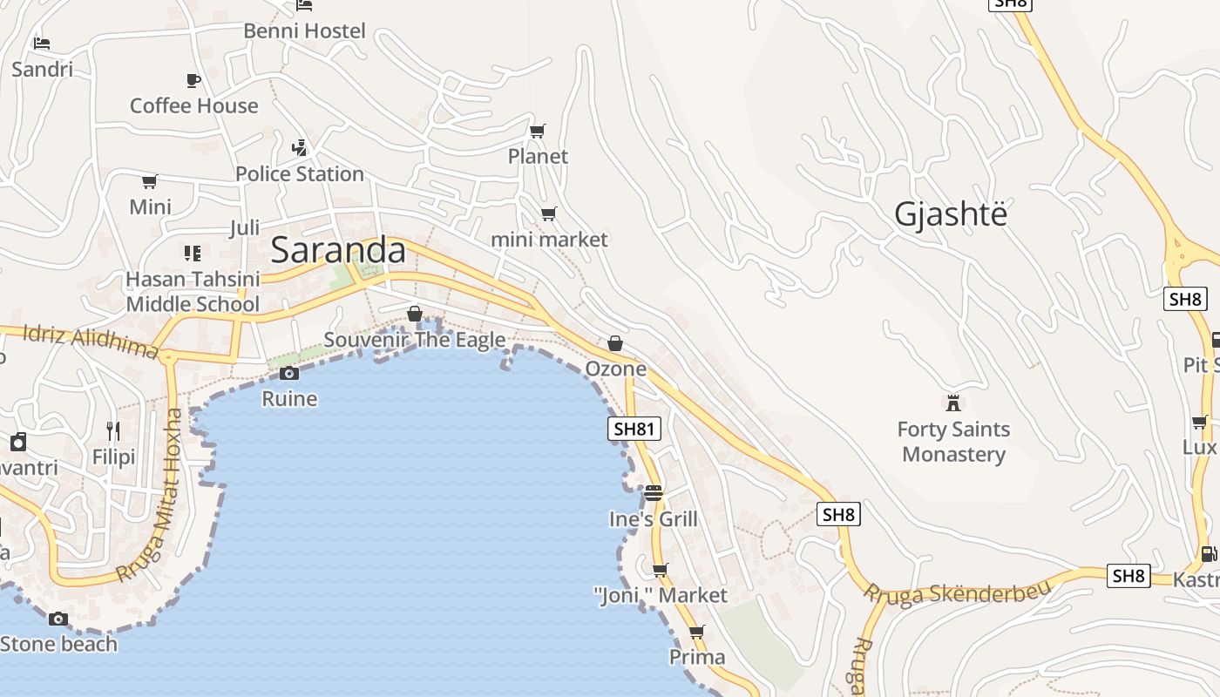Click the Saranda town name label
338,250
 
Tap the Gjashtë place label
951,213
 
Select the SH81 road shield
634,429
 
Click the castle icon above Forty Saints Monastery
953,403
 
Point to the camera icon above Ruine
289,374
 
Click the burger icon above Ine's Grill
654,494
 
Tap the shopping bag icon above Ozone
615,343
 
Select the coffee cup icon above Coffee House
193,81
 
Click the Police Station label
300,173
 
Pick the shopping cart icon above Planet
538,131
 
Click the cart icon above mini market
548,213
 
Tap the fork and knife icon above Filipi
113,430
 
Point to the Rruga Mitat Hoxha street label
152,497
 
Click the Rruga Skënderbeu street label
957,592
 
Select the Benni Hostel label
304,30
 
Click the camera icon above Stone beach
58,619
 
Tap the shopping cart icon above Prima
696,632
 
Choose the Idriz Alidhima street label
91,342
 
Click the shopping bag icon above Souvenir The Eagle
415,314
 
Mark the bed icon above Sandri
42,43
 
